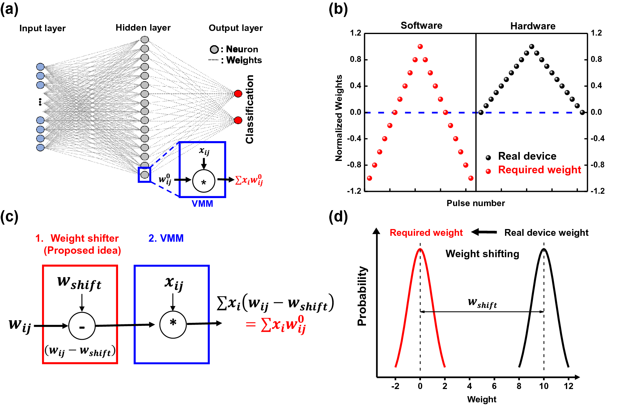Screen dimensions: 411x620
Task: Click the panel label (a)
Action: point(9,9)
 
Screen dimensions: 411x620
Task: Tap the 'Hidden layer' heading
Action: point(143,28)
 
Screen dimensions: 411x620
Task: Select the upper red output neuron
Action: point(238,93)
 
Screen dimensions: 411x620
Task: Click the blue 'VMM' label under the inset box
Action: point(202,204)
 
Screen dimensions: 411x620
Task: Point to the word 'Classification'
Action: point(250,109)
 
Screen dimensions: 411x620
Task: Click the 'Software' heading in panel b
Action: point(421,26)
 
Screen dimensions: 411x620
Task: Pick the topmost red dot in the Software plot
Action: point(420,46)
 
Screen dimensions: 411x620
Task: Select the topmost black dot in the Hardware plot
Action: point(532,46)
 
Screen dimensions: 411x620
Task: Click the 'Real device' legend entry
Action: point(527,156)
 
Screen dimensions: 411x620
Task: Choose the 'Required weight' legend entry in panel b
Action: point(539,170)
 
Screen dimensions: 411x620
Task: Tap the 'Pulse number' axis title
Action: point(476,203)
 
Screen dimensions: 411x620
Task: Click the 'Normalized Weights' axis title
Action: point(339,118)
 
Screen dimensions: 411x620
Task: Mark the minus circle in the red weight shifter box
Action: point(82,326)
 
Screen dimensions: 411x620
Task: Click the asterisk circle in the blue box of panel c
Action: point(173,325)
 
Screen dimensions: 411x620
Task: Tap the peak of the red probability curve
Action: point(420,249)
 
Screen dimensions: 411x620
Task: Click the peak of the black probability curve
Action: point(544,249)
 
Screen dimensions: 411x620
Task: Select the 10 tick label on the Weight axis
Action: point(544,386)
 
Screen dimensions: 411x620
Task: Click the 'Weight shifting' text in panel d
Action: point(482,254)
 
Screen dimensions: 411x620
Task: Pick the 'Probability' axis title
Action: point(362,296)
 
